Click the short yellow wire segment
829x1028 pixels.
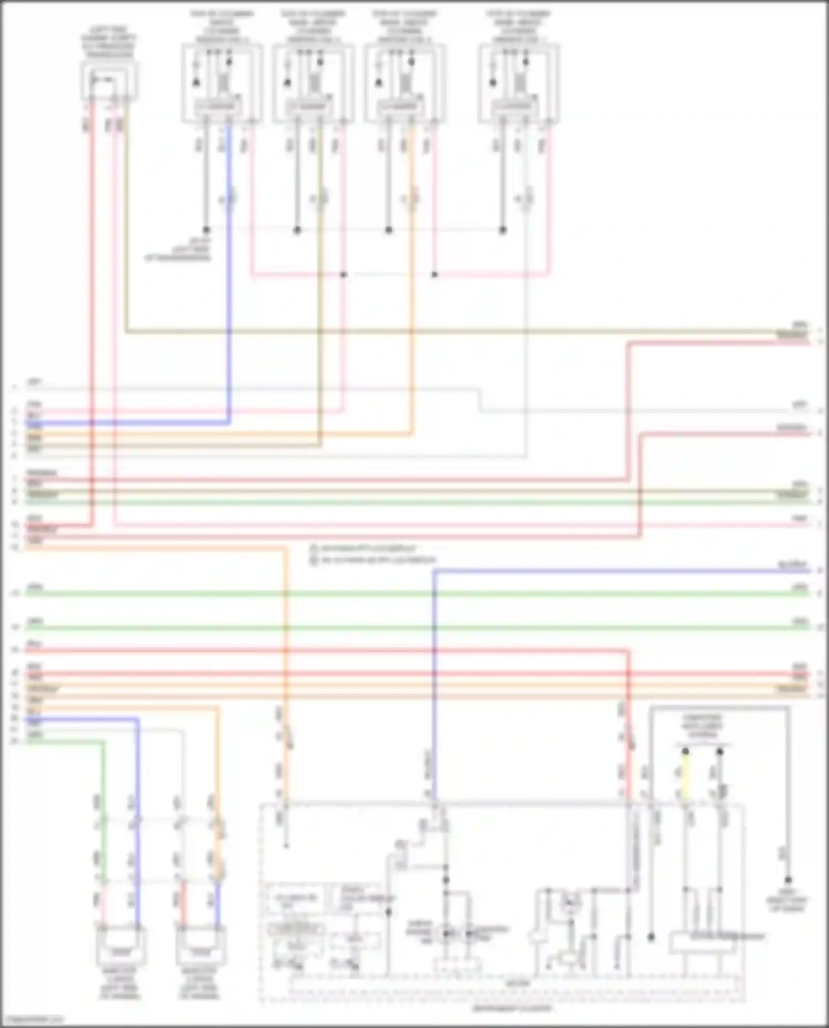pos(685,776)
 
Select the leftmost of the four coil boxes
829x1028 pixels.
pos(222,83)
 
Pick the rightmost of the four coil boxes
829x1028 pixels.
pos(518,83)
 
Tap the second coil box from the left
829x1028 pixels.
pos(314,83)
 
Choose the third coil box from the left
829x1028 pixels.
pos(405,83)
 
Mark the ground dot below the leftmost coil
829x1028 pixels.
pos(206,229)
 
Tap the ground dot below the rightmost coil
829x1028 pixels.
pos(502,229)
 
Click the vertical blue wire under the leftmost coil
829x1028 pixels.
pos(229,276)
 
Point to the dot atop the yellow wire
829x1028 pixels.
pos(685,751)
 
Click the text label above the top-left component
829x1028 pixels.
pos(109,46)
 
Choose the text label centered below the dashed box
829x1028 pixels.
pos(511,1008)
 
